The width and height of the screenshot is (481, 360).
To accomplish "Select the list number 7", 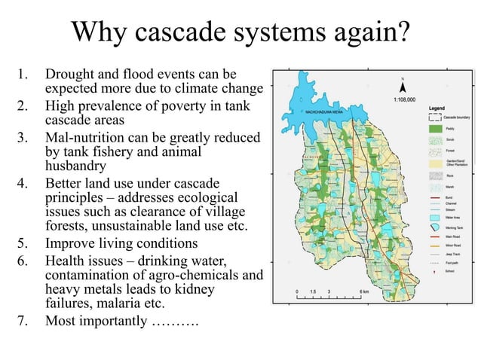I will coord(23,321).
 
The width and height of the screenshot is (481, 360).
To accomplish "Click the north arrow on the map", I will coord(403,85).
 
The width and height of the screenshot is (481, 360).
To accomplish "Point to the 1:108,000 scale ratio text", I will coord(405,99).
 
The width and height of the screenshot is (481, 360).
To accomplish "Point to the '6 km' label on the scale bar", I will coord(363,291).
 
